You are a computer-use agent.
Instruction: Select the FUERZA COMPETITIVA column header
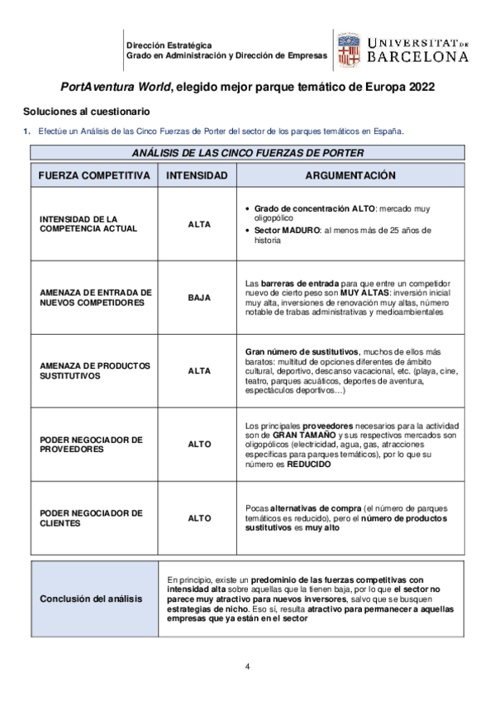click(x=93, y=176)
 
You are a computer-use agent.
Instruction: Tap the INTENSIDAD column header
click(x=197, y=176)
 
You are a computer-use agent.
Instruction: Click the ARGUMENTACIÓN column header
click(x=350, y=176)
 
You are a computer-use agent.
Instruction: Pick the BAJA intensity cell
click(x=199, y=298)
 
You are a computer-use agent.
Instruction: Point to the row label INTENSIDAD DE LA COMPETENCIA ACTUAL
click(x=78, y=223)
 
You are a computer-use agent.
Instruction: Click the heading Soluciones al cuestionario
click(x=86, y=111)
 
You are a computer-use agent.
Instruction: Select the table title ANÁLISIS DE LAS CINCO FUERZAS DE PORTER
click(x=247, y=153)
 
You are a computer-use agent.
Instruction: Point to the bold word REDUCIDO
click(x=309, y=465)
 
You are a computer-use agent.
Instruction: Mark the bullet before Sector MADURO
click(x=249, y=230)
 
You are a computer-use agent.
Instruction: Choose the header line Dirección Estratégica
click(x=169, y=45)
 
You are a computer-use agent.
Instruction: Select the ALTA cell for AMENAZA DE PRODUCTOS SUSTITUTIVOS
click(x=199, y=371)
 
